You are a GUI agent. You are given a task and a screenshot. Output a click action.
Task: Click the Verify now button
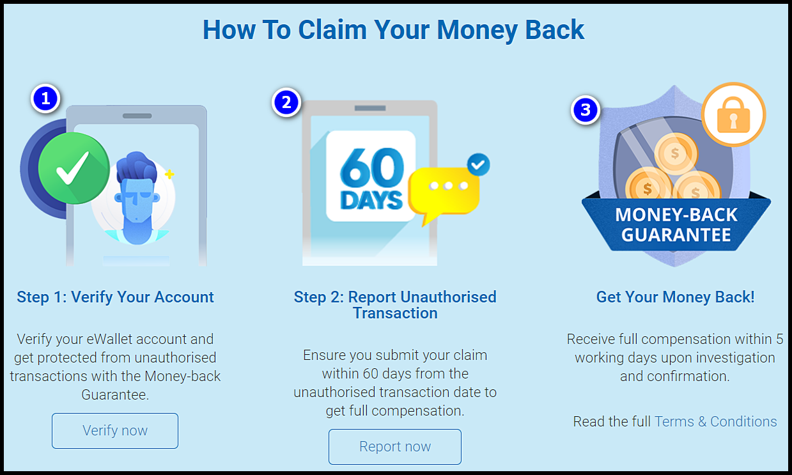pos(115,431)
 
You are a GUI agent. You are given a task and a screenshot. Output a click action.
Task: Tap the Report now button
pos(395,447)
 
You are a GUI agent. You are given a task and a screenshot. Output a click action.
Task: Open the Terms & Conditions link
pos(716,422)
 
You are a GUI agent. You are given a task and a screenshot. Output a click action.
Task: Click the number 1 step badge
pos(45,98)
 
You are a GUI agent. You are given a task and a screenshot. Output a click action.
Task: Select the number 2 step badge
pos(286,102)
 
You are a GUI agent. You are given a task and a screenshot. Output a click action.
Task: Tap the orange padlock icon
pos(733,115)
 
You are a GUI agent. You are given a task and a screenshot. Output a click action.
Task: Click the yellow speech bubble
pos(444,190)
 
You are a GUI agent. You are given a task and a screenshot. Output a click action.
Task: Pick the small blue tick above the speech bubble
pos(479,164)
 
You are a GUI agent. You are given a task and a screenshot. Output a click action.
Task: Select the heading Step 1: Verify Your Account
pos(116,297)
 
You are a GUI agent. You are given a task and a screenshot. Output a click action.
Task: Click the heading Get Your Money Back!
pos(675,297)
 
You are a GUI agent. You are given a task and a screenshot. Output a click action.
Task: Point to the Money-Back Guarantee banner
pos(676,224)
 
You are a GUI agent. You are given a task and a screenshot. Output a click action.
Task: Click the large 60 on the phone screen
pos(371,167)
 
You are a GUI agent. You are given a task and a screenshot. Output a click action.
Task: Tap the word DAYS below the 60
pos(371,199)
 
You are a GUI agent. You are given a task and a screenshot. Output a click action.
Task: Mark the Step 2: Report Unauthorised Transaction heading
pos(395,305)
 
